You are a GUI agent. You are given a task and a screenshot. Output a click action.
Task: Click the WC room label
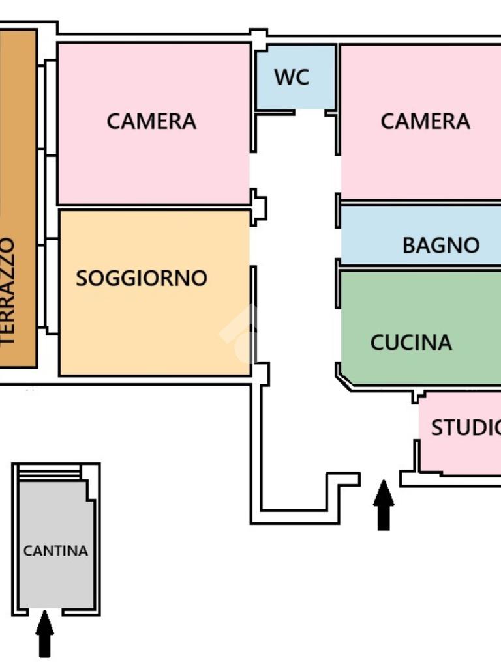tap(291, 77)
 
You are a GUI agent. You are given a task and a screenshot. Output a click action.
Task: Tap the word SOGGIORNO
tap(142, 278)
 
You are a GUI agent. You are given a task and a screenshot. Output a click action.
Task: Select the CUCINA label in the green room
tap(411, 343)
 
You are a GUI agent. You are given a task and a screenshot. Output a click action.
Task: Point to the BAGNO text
tap(441, 246)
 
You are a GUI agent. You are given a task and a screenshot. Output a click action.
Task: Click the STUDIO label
tap(465, 428)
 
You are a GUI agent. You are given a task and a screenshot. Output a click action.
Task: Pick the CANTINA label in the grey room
tap(55, 551)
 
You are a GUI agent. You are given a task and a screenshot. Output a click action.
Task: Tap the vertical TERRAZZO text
tap(8, 291)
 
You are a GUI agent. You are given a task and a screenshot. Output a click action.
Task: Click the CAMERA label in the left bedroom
tap(151, 121)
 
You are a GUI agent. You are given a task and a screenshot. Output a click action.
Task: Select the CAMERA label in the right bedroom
tap(425, 121)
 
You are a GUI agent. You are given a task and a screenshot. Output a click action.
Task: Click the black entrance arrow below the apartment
tap(384, 505)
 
